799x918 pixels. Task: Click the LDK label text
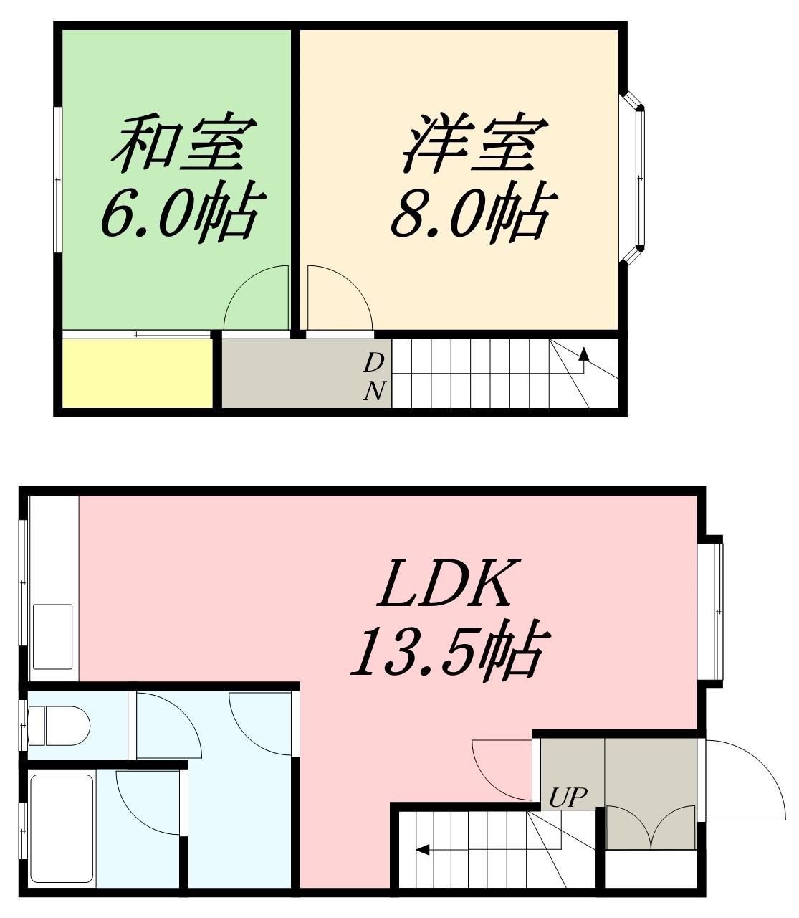coord(446,584)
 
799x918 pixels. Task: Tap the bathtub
coord(63,830)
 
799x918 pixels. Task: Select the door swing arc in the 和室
coord(256,300)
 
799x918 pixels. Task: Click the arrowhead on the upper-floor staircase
coord(583,353)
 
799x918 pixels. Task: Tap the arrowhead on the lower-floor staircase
coord(422,851)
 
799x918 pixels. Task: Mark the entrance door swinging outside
coord(745,782)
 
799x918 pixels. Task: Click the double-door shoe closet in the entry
coord(651,828)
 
